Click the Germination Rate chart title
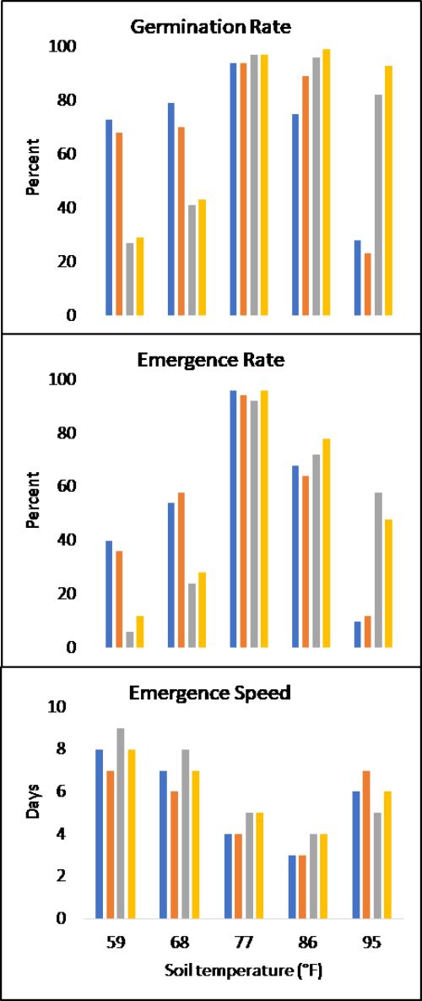211,26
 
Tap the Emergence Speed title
211,694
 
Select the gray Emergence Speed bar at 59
121,824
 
